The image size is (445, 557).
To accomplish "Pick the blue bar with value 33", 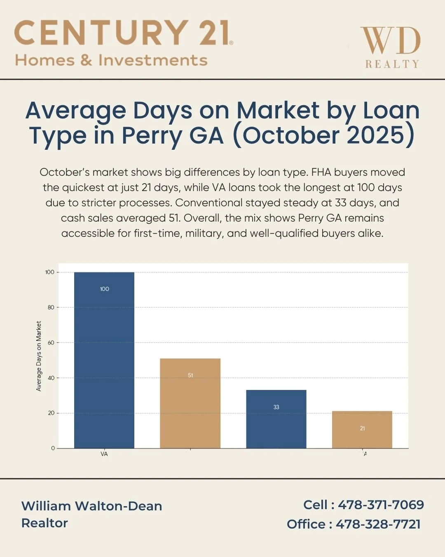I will click(x=276, y=419).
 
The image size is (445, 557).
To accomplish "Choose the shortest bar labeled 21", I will click(x=362, y=430).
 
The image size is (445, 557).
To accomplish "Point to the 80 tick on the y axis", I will click(x=51, y=307).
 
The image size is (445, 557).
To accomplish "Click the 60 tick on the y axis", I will click(x=51, y=342).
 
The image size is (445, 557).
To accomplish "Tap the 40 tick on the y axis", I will click(x=51, y=378).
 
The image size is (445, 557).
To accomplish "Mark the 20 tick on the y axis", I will click(x=51, y=413).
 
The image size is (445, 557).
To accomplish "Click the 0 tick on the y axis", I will click(x=53, y=448).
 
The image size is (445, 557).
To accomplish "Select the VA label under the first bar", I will click(x=104, y=454).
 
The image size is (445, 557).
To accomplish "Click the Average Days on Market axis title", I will click(x=39, y=356).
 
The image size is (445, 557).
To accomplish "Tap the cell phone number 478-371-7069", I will click(x=381, y=505).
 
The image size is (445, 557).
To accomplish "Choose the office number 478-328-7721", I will click(x=378, y=524).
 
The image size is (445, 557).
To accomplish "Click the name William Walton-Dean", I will click(x=91, y=506).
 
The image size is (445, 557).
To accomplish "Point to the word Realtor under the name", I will click(x=44, y=523).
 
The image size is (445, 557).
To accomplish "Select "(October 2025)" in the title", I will click(x=323, y=135).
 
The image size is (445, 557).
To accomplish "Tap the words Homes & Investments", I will click(x=111, y=60).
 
